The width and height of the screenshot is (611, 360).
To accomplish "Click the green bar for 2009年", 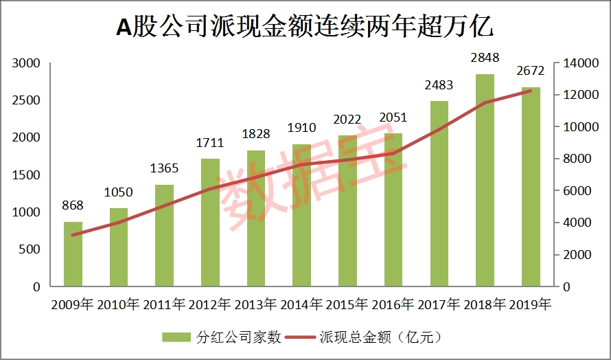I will tap(73, 254).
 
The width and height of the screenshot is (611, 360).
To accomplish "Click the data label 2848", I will tap(485, 57).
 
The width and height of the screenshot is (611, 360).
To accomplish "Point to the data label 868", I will tap(73, 205).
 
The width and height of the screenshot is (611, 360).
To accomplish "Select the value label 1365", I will tap(165, 168).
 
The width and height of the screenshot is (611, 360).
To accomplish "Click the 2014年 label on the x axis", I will tap(302, 303).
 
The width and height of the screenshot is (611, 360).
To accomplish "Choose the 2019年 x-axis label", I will tap(530, 303).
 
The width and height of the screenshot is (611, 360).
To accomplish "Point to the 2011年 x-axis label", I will tap(165, 303).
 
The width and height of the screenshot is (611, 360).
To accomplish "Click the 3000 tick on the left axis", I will tap(27, 63).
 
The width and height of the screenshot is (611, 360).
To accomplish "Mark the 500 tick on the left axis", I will tap(30, 249).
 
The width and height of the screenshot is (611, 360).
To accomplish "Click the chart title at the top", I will tap(305, 27).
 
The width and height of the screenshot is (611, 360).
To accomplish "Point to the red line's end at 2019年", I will tap(530, 91).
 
